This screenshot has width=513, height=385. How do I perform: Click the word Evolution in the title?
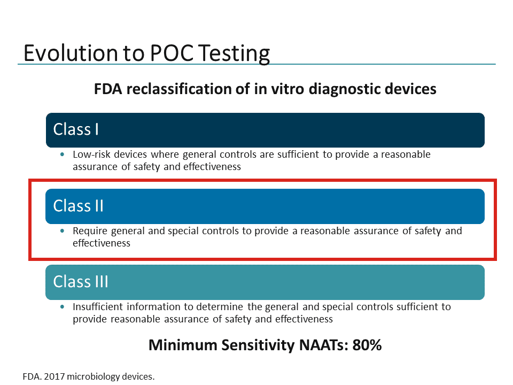pyautogui.click(x=71, y=53)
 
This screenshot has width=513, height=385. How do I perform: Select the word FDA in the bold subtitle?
pyautogui.click(x=108, y=89)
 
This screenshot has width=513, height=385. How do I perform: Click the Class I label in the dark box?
pyautogui.click(x=76, y=129)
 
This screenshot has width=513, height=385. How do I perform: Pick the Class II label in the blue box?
pyautogui.click(x=78, y=206)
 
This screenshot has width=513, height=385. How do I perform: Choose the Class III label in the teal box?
pyautogui.click(x=81, y=282)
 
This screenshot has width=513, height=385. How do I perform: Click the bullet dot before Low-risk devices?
pyautogui.click(x=62, y=155)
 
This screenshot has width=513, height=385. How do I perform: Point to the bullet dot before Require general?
pyautogui.click(x=62, y=231)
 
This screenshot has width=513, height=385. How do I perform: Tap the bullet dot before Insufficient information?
pyautogui.click(x=62, y=307)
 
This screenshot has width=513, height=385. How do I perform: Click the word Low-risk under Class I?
pyautogui.click(x=91, y=154)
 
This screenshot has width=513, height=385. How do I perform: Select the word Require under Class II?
pyautogui.click(x=90, y=231)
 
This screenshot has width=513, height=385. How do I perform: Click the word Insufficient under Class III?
pyautogui.click(x=97, y=307)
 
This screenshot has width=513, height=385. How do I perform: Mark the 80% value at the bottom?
pyautogui.click(x=367, y=345)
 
